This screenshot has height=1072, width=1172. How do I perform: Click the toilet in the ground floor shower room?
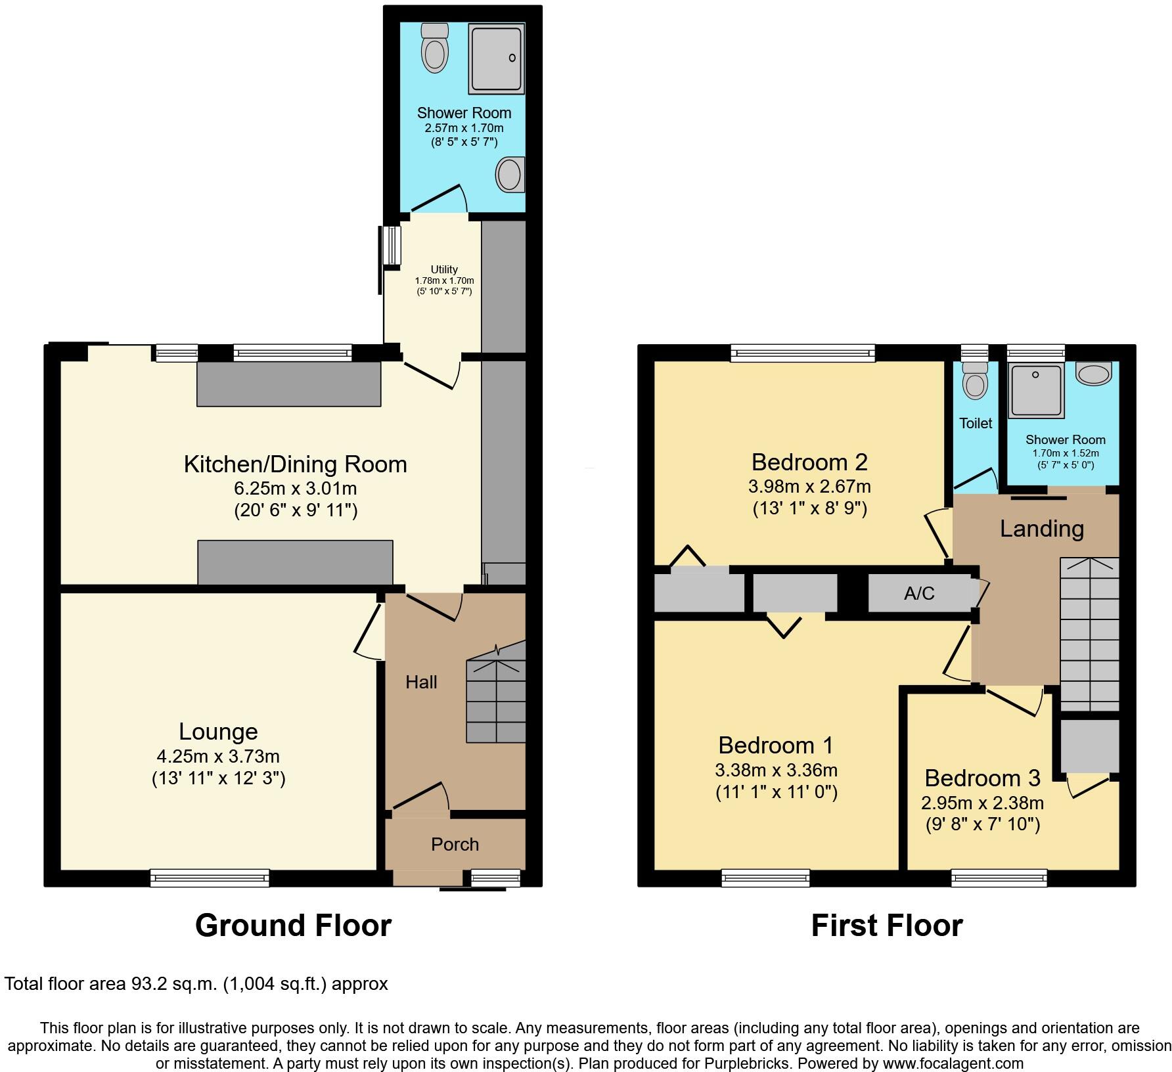(434, 49)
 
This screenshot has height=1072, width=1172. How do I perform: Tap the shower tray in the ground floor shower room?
(496, 59)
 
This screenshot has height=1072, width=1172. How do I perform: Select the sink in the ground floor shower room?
(510, 175)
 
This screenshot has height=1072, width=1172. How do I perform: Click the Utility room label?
(444, 269)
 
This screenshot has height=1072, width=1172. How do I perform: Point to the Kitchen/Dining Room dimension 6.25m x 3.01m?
(296, 489)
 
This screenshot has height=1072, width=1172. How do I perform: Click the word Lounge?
(218, 732)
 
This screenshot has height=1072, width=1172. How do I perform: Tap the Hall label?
(421, 682)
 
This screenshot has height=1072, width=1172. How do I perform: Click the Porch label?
(455, 844)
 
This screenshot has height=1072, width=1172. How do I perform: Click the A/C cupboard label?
(918, 594)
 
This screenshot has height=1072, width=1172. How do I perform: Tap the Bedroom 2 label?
(809, 462)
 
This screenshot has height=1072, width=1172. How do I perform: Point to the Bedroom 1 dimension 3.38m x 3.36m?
(777, 770)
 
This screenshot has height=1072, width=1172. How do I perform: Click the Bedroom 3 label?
(982, 778)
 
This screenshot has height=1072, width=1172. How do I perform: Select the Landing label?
(1041, 529)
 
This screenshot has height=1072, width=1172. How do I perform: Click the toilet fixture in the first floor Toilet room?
(974, 381)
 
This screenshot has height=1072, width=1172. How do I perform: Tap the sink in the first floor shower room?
(1093, 374)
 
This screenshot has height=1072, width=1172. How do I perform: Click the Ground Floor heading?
(293, 926)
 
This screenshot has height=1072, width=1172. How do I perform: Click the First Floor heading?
(886, 926)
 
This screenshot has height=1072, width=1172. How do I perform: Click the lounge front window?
(210, 878)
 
